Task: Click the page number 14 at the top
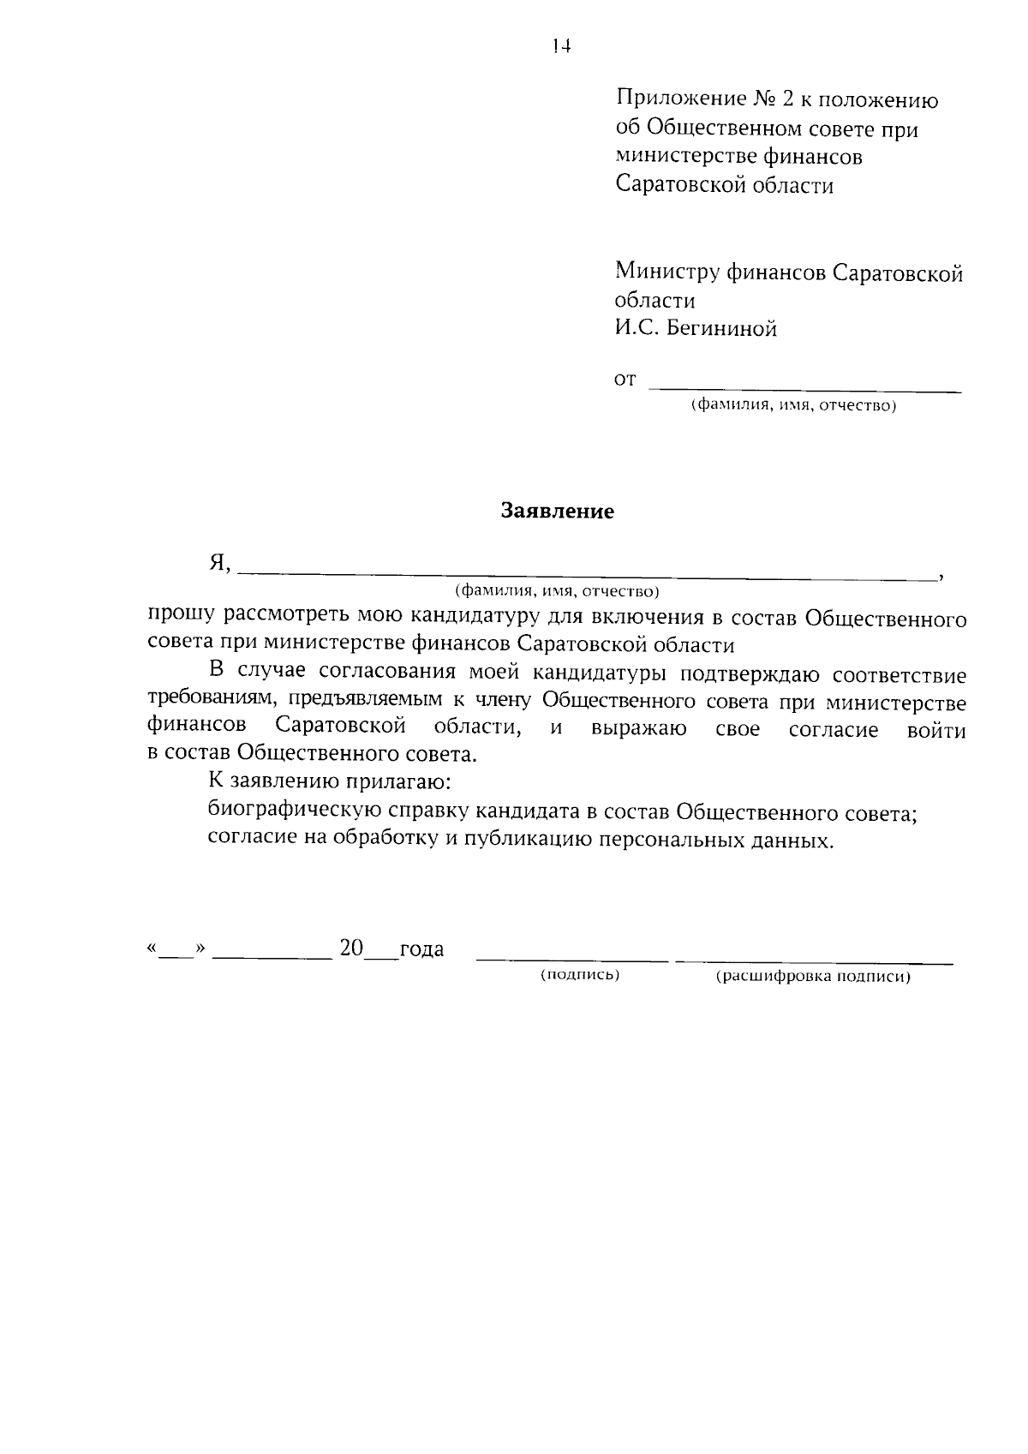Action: (561, 46)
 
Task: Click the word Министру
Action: (666, 273)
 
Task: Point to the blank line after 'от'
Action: (804, 390)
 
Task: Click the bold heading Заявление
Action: (558, 512)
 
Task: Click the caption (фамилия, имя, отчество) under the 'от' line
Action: (793, 406)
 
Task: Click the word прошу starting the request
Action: (180, 618)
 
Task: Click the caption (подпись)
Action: (580, 976)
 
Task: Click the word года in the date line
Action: (421, 949)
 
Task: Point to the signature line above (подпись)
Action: (571, 960)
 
